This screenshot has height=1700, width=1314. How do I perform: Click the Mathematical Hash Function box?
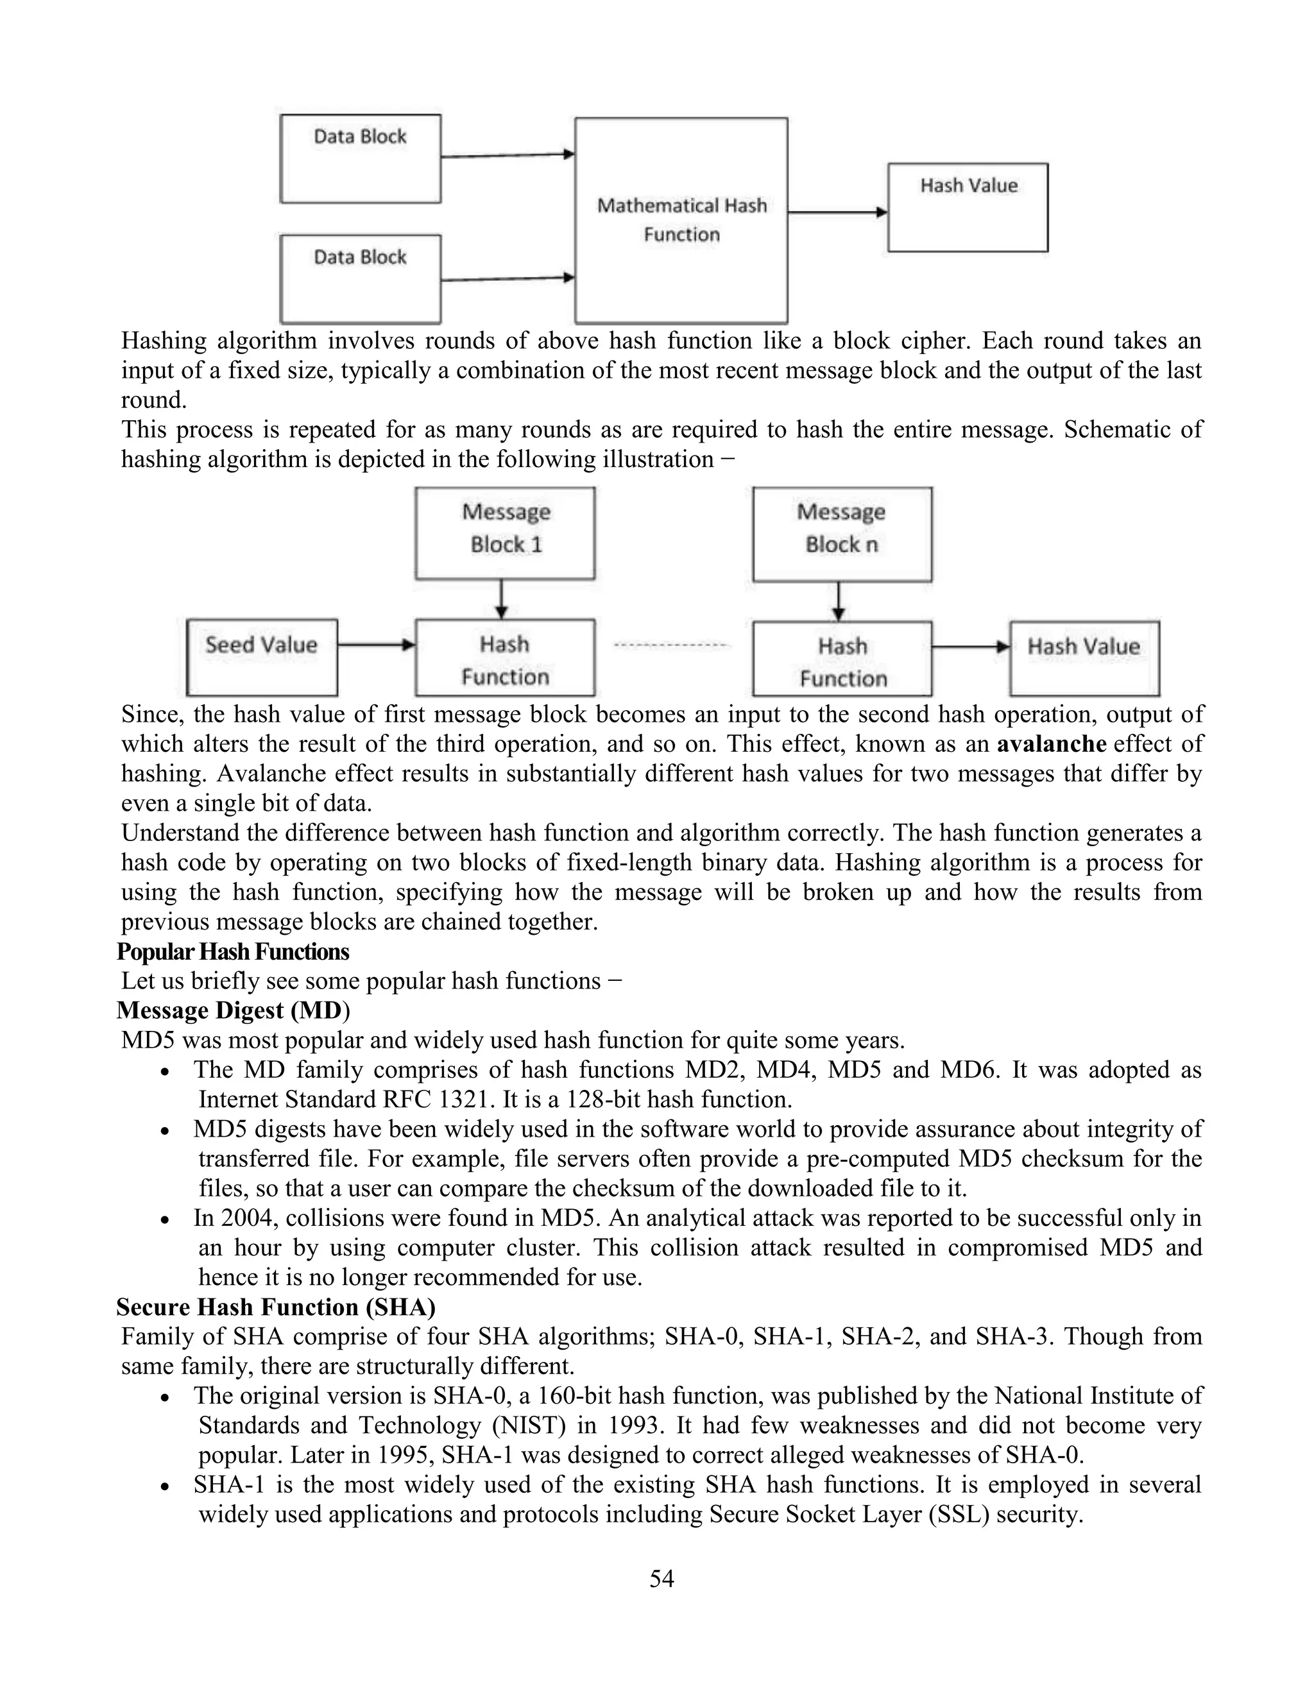click(681, 220)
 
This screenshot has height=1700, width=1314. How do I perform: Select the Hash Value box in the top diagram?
click(968, 208)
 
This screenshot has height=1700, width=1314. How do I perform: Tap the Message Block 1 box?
click(505, 533)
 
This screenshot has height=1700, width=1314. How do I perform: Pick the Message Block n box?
click(842, 534)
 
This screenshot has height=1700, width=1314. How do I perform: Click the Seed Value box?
click(262, 657)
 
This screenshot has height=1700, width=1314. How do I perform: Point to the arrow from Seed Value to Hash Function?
click(376, 645)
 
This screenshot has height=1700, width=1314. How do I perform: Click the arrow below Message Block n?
click(839, 601)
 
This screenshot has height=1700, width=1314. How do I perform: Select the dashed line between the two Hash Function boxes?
click(672, 645)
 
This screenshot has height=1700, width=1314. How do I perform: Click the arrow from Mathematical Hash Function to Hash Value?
click(837, 212)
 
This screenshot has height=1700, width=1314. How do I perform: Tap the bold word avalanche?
click(1051, 744)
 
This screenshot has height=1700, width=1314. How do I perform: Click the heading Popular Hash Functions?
click(233, 951)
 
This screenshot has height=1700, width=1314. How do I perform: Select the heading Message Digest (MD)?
click(233, 1010)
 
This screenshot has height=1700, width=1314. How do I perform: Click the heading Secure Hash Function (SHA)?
click(275, 1307)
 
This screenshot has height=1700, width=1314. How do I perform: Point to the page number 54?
click(661, 1578)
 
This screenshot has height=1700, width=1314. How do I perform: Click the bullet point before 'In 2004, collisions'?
click(165, 1220)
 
